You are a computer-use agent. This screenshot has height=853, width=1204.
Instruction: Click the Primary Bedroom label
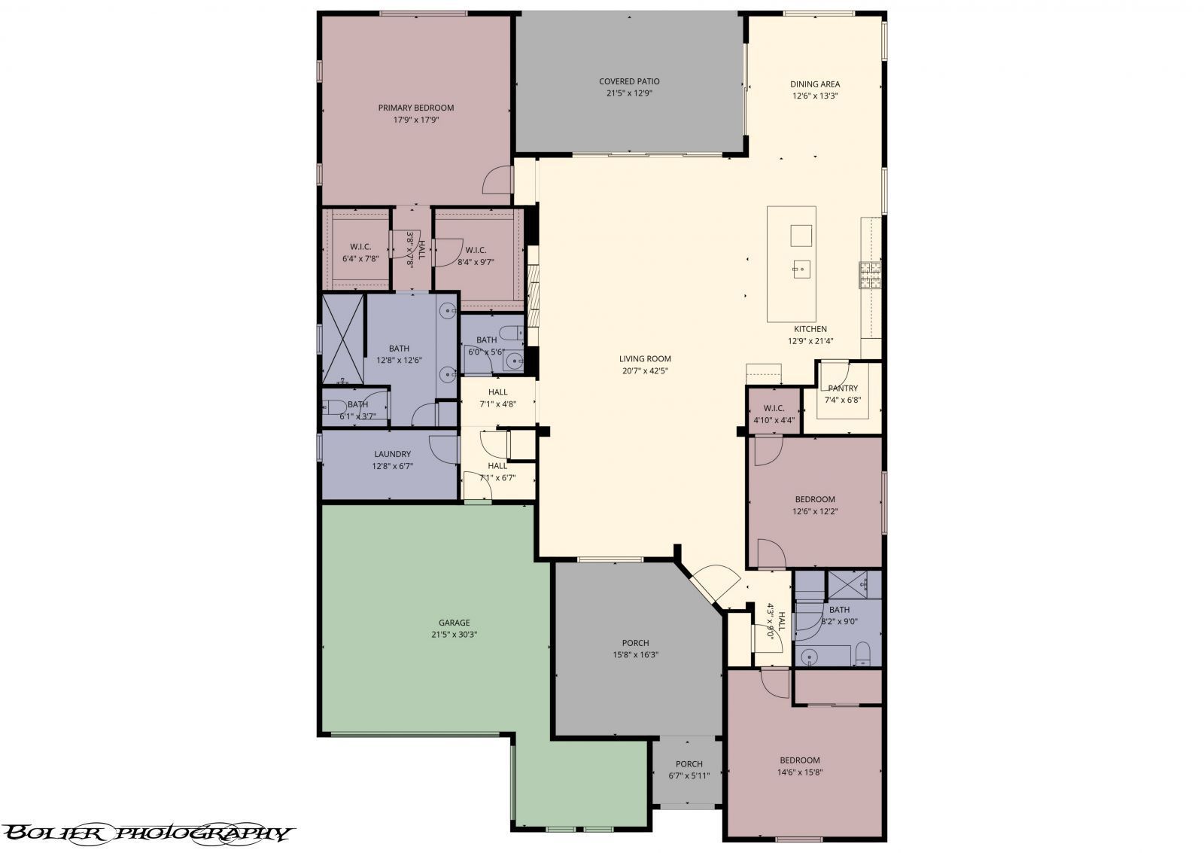[x=415, y=108]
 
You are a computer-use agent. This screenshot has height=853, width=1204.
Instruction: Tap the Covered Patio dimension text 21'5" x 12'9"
[x=629, y=94]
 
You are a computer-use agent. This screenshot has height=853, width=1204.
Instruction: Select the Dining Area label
[x=815, y=84]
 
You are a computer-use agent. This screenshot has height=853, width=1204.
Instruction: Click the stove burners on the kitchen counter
[x=871, y=275]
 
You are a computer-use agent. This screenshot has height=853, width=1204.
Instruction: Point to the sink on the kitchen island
[x=801, y=267]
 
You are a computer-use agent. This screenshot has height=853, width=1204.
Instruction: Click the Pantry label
[x=843, y=388]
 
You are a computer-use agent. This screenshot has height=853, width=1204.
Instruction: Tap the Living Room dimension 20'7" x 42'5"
[x=645, y=370]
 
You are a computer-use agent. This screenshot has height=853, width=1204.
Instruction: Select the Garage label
[x=454, y=623]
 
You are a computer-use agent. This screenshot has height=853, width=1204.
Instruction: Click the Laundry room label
[x=392, y=454]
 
